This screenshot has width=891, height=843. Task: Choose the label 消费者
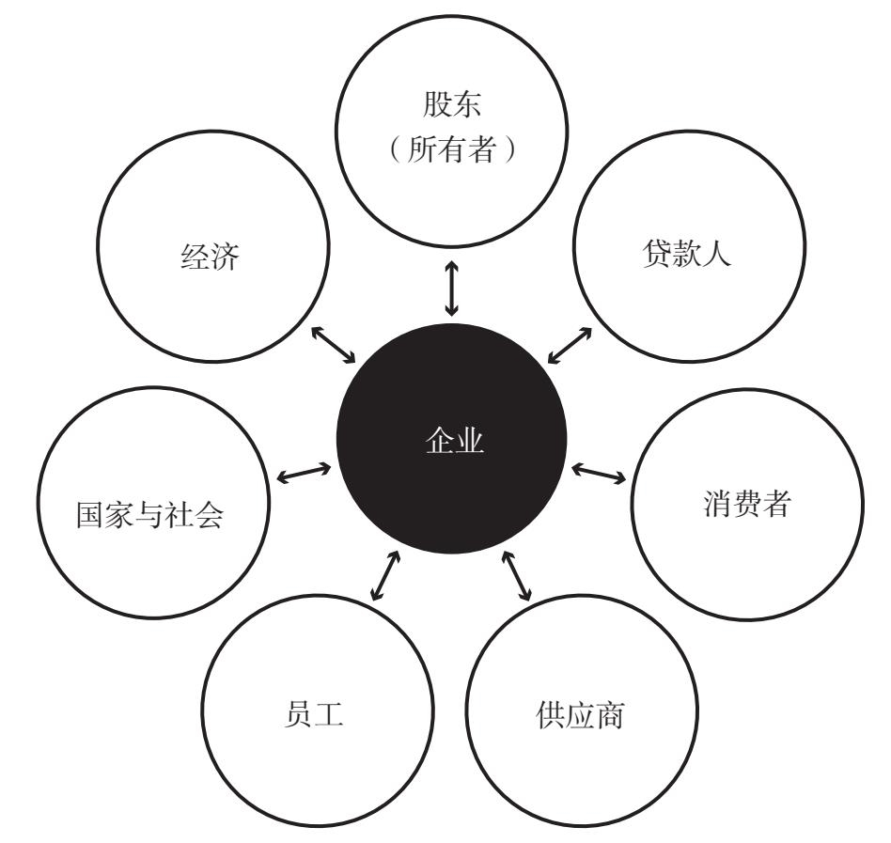pyautogui.click(x=746, y=505)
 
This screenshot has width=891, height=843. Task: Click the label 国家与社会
pyautogui.click(x=149, y=515)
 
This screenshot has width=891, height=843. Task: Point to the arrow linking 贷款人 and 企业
pyautogui.click(x=569, y=345)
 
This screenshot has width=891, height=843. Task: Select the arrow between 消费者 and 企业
pyautogui.click(x=599, y=472)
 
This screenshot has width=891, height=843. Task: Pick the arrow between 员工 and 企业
pyautogui.click(x=385, y=574)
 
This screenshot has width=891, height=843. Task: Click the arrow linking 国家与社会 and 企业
pyautogui.click(x=305, y=473)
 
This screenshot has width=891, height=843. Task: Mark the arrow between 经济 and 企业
pyautogui.click(x=334, y=344)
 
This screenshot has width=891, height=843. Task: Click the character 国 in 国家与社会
pyautogui.click(x=88, y=515)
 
